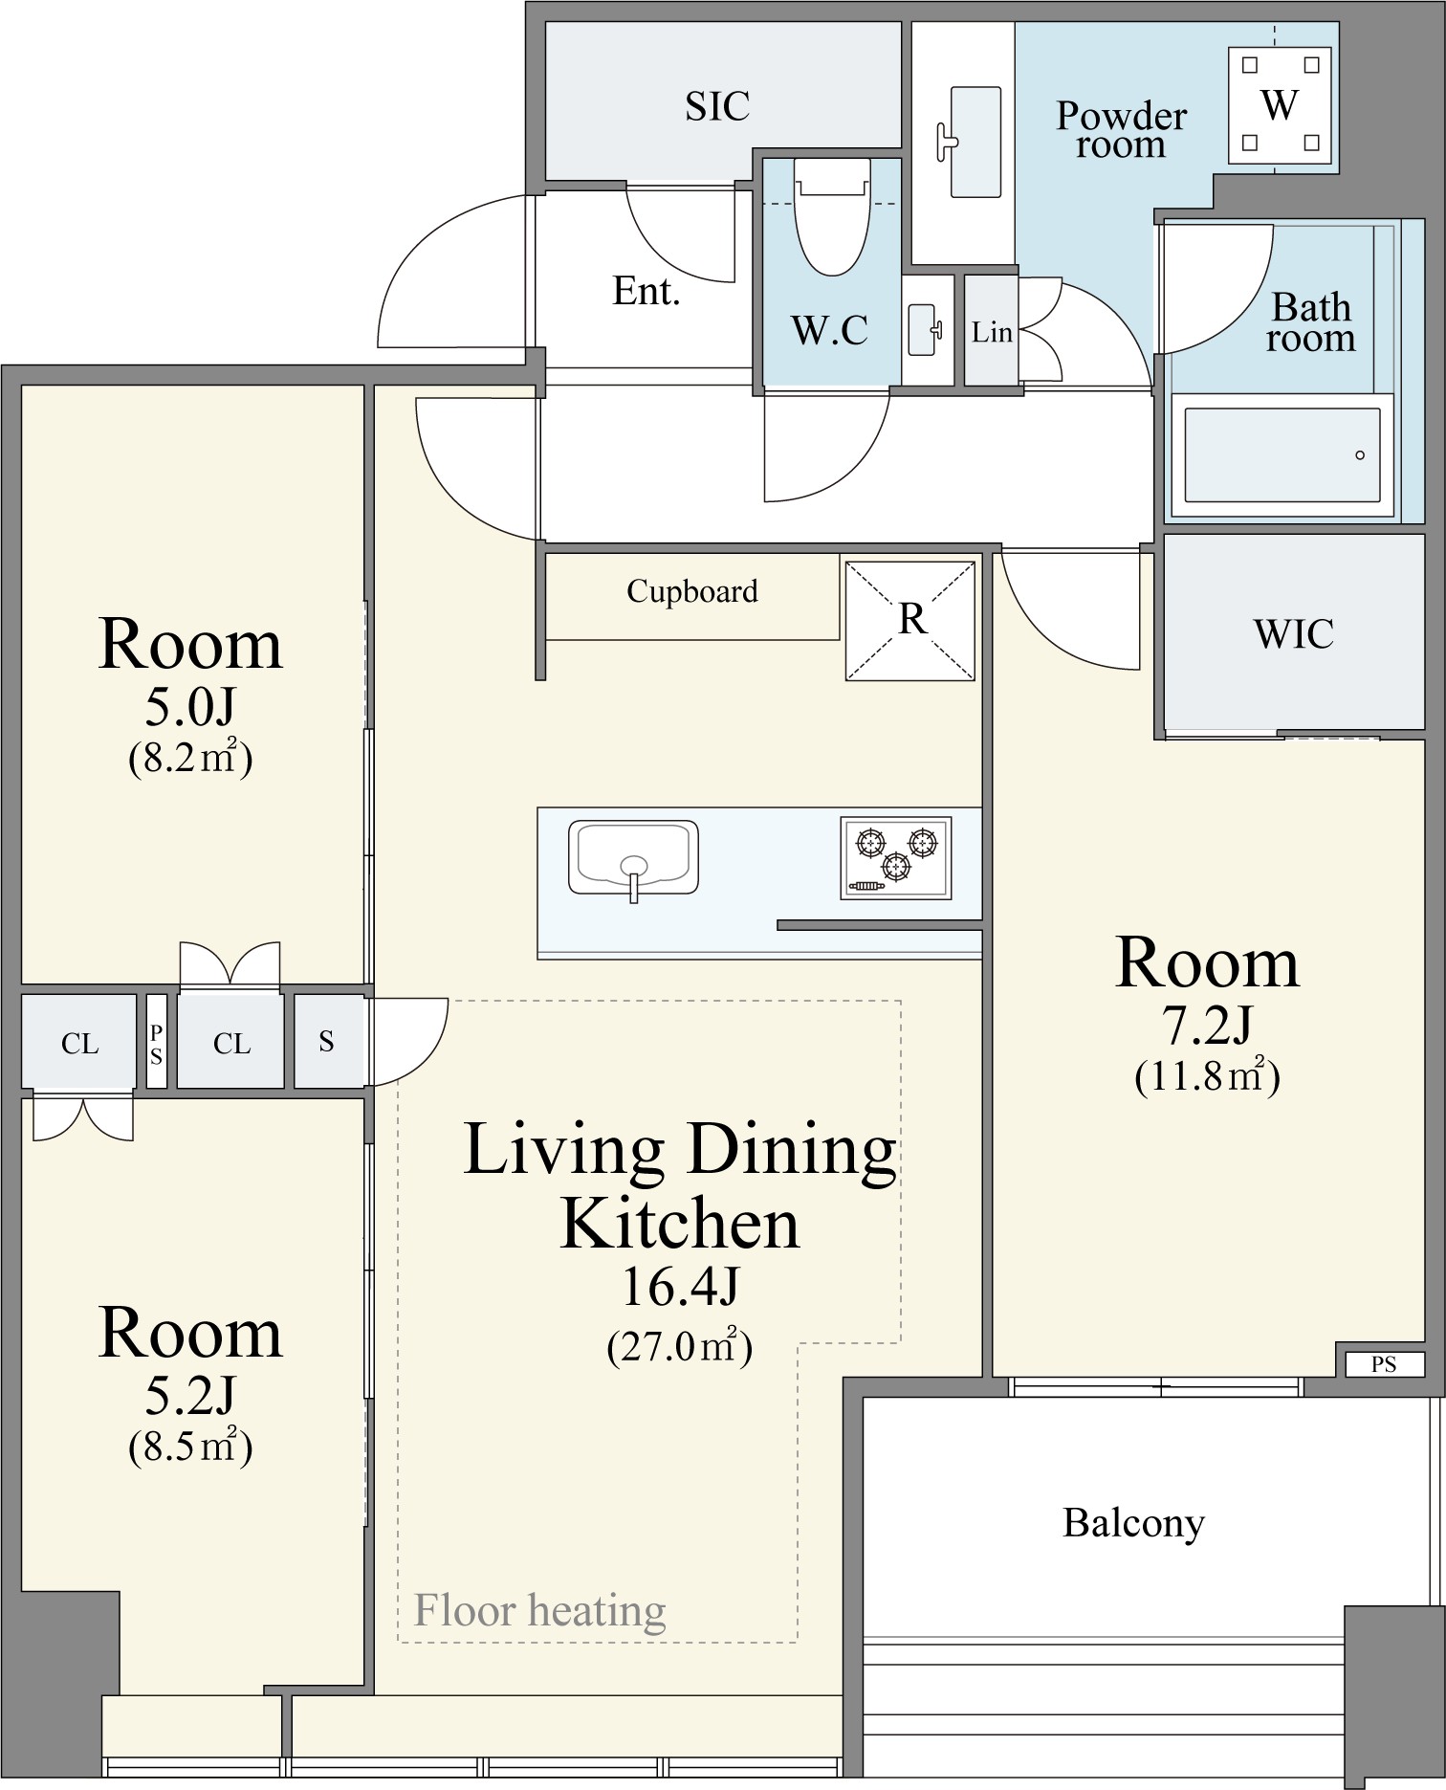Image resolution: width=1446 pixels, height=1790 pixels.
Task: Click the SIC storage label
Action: pos(717,105)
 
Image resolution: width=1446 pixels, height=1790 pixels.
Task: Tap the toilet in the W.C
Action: pos(832,217)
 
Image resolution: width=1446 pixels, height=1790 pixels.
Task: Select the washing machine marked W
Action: pos(1281,104)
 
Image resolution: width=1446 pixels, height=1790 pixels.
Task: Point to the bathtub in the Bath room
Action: pos(1282,455)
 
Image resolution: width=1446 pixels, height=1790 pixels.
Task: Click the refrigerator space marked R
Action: pos(910,620)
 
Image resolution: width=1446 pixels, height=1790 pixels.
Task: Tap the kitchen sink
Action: pos(633,857)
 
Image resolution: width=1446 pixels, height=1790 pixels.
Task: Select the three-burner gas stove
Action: pos(896,858)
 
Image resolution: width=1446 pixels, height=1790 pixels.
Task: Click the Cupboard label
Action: pos(692,592)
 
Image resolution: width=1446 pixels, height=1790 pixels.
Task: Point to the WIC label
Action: pos(1293,634)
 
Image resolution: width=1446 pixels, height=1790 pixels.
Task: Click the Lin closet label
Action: pos(992,332)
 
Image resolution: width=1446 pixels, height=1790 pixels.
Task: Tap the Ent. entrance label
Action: pos(646,291)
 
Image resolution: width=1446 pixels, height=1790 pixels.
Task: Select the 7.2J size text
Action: pos(1207,1026)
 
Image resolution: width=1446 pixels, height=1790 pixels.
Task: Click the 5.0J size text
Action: pos(190,707)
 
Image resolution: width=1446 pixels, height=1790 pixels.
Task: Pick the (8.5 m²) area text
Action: pos(190,1447)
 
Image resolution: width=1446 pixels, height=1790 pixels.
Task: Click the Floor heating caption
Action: pos(539,1610)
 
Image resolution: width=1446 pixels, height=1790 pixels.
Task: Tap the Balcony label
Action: pos(1133,1523)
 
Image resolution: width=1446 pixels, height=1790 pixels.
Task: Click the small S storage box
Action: pos(327,1041)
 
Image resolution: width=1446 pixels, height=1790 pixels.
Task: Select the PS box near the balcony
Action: pos(1384,1364)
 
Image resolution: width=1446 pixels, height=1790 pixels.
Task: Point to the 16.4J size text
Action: pos(680,1287)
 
